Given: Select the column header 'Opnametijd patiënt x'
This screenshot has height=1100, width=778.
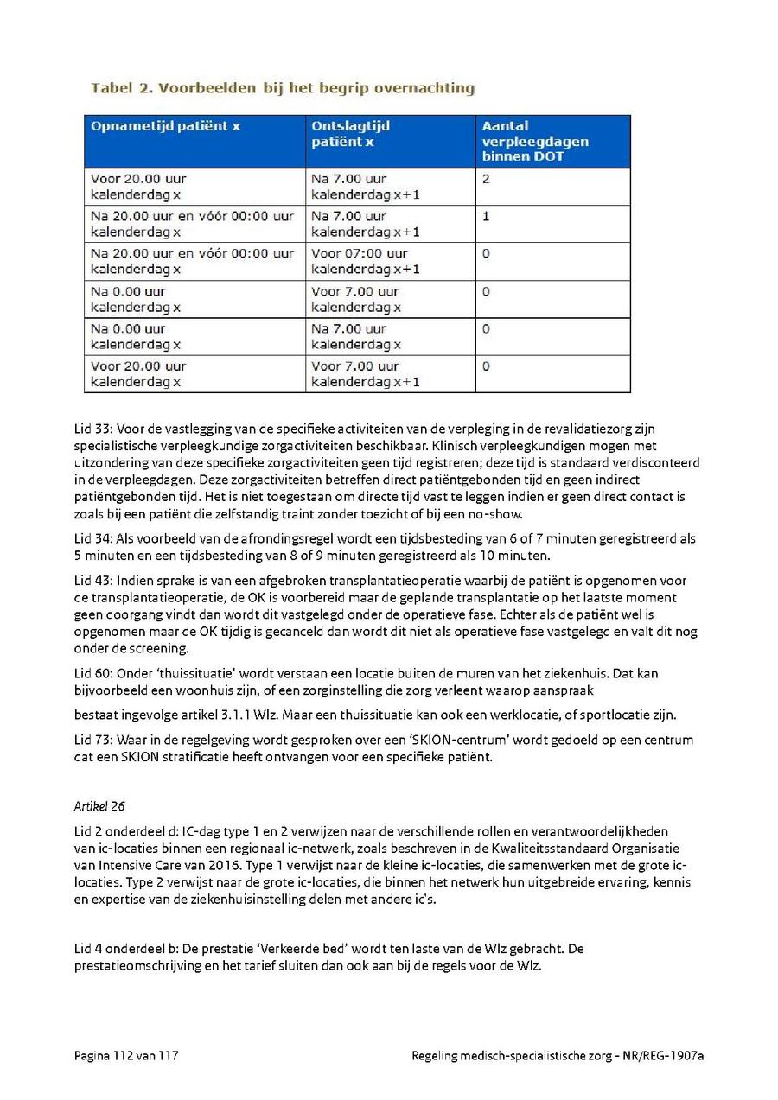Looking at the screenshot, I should pos(165,126).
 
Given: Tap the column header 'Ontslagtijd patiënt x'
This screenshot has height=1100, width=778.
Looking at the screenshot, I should pos(350,133).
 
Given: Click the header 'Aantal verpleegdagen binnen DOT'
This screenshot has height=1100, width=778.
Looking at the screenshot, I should pos(535,141).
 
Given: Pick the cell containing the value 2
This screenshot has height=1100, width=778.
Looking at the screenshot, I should pos(486,179).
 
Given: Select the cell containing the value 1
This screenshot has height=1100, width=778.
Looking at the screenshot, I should pos(486,216).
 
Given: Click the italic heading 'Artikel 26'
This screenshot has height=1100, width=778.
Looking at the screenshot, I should pos(100,806).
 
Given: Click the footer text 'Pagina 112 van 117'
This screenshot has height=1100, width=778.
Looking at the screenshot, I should pos(126,1056).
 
